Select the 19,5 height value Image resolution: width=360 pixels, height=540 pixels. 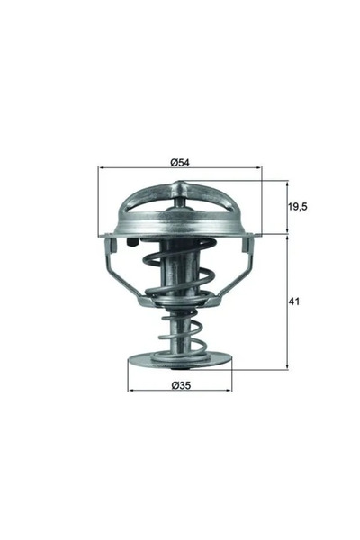tap(297, 206)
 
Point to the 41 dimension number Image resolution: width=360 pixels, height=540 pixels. tap(294, 301)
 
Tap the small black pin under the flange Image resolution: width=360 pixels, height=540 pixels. tap(131, 242)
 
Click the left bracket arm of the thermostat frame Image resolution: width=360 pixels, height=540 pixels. tap(118, 270)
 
